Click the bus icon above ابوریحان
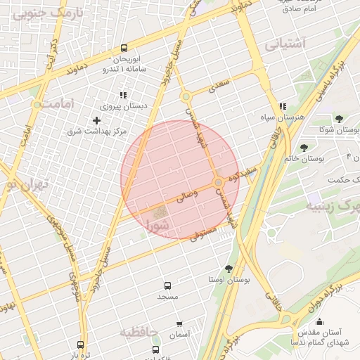124,49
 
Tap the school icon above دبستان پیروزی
123,95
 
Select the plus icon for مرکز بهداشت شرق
97,120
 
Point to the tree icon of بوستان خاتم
304,148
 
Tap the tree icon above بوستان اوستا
229,268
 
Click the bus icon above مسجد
167,285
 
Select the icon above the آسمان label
179,324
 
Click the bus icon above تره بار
80,345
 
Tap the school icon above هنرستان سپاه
282,106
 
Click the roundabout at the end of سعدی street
186,97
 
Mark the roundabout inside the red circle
219,183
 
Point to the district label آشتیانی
286,44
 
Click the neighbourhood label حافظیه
139,332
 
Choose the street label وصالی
184,199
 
